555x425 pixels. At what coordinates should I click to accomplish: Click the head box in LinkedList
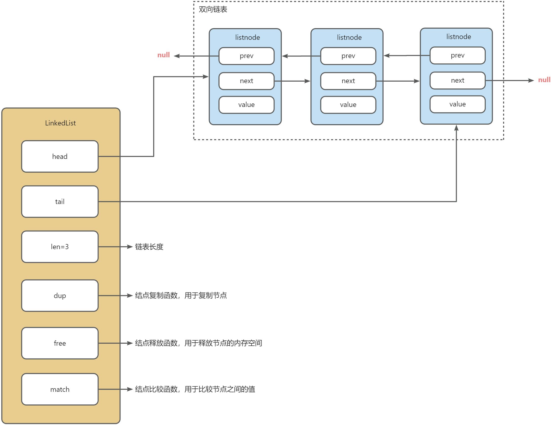tap(60, 156)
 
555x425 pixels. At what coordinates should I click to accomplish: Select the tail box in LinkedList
tap(60, 201)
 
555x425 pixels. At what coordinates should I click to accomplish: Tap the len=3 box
tap(60, 247)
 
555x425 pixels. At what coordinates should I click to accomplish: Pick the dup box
tap(60, 295)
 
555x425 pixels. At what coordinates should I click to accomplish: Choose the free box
tap(60, 343)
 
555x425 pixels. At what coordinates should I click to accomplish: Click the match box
tap(60, 389)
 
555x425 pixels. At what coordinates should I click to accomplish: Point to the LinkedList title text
tap(60, 123)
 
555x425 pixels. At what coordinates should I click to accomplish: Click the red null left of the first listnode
tap(164, 55)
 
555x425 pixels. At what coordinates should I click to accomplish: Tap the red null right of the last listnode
tap(544, 80)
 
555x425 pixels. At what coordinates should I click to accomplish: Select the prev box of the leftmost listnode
tap(246, 56)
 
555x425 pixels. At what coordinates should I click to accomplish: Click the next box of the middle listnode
tap(348, 81)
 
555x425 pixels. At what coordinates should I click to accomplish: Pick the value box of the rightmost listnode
tap(458, 104)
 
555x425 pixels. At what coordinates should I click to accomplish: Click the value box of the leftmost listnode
tap(246, 105)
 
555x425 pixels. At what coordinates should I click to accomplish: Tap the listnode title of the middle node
tap(349, 38)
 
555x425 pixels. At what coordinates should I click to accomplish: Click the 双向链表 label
tap(213, 9)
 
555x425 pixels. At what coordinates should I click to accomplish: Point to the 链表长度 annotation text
tap(149, 247)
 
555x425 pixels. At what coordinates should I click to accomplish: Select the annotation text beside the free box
tap(199, 343)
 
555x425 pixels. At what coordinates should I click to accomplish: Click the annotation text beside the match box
tap(195, 389)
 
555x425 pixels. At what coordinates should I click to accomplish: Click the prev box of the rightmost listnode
tap(458, 56)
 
